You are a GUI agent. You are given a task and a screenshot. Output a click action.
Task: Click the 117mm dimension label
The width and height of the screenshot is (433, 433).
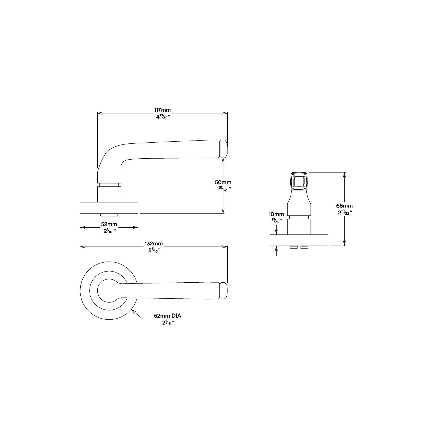tap(162, 110)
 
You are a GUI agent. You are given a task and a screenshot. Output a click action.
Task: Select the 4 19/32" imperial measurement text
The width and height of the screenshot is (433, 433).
tap(162, 117)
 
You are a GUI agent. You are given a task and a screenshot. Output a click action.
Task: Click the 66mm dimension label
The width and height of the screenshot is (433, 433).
tap(344, 206)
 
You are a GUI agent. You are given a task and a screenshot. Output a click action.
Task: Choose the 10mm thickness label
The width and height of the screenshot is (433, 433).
tap(276, 214)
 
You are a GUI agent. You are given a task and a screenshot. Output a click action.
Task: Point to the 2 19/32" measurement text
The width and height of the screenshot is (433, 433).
tap(344, 212)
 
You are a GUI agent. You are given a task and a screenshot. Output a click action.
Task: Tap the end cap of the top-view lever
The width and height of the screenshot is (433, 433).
tap(223, 291)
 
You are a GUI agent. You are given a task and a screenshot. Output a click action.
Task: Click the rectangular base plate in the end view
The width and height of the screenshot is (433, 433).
tap(299, 240)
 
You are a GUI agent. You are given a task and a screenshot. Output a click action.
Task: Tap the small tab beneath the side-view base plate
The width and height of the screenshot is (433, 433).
tap(109, 215)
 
